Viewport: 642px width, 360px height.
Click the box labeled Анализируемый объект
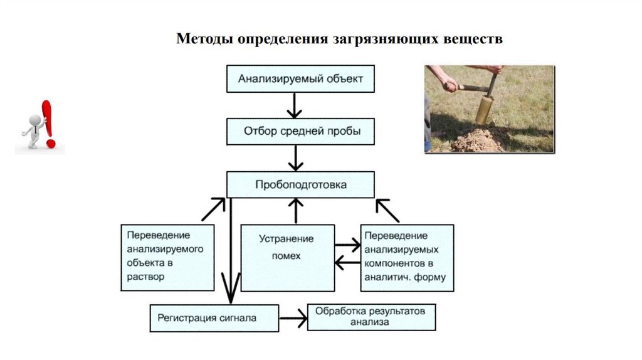[300, 79]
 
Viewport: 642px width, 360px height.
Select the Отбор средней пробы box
[300, 132]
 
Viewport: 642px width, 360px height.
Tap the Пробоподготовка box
[300, 185]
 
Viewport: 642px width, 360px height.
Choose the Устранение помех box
[287, 257]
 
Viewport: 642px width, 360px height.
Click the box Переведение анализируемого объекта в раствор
[167, 257]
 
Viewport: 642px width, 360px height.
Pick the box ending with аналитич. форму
[407, 257]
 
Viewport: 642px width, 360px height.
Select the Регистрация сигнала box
[213, 318]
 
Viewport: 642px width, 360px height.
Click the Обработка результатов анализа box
[371, 317]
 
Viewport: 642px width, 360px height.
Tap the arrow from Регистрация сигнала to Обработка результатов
[293, 319]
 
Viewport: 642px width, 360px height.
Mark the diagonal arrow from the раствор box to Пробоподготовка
[214, 209]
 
